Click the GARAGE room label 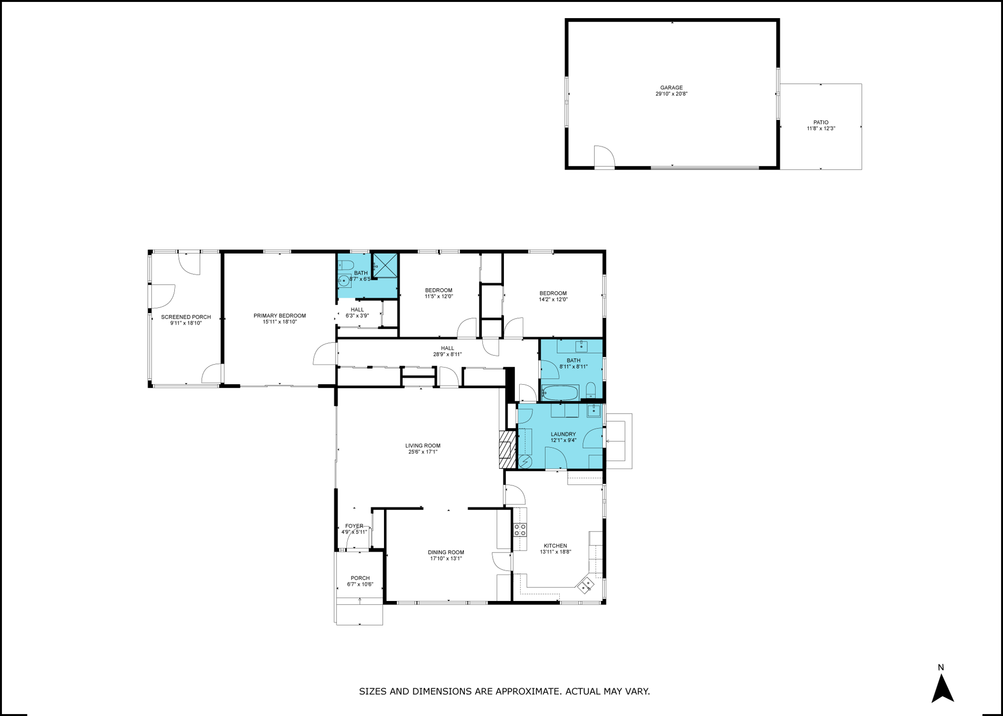pos(671,88)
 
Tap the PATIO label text pos(821,123)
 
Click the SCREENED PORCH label pos(186,317)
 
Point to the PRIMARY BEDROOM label pos(280,316)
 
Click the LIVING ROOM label pos(423,446)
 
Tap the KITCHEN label pos(555,546)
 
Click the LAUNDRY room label pos(563,434)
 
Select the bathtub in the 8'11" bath pos(560,393)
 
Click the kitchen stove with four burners pos(520,529)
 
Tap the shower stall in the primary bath pos(385,266)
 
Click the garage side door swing pos(604,156)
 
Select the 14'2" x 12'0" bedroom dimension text pos(553,300)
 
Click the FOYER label pos(354,526)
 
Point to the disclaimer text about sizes pos(504,692)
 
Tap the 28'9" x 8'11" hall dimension pos(447,354)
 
